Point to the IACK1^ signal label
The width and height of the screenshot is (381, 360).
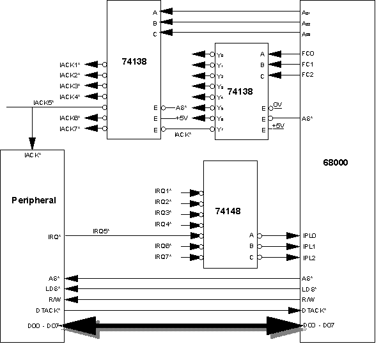coord(69,65)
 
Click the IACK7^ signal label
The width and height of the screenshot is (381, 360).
coord(69,129)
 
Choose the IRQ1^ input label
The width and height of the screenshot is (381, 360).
coord(163,191)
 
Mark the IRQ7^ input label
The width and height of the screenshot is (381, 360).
coord(163,256)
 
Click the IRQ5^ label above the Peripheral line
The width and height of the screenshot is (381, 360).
coord(101,230)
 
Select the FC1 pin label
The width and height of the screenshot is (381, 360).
coord(308,65)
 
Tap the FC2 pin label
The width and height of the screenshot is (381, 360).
coord(308,75)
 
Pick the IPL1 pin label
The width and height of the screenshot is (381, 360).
coord(309,246)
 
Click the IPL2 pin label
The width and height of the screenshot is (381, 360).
coord(309,257)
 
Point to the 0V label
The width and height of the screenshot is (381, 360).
coord(277,104)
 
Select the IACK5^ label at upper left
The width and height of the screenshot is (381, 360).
coord(43,102)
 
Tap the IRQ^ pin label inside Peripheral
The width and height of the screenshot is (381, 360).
coord(55,236)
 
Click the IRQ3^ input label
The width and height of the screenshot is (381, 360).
coord(163,213)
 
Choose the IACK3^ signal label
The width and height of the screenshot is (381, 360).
coord(69,86)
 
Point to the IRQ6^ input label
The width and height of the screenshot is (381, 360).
coord(163,246)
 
